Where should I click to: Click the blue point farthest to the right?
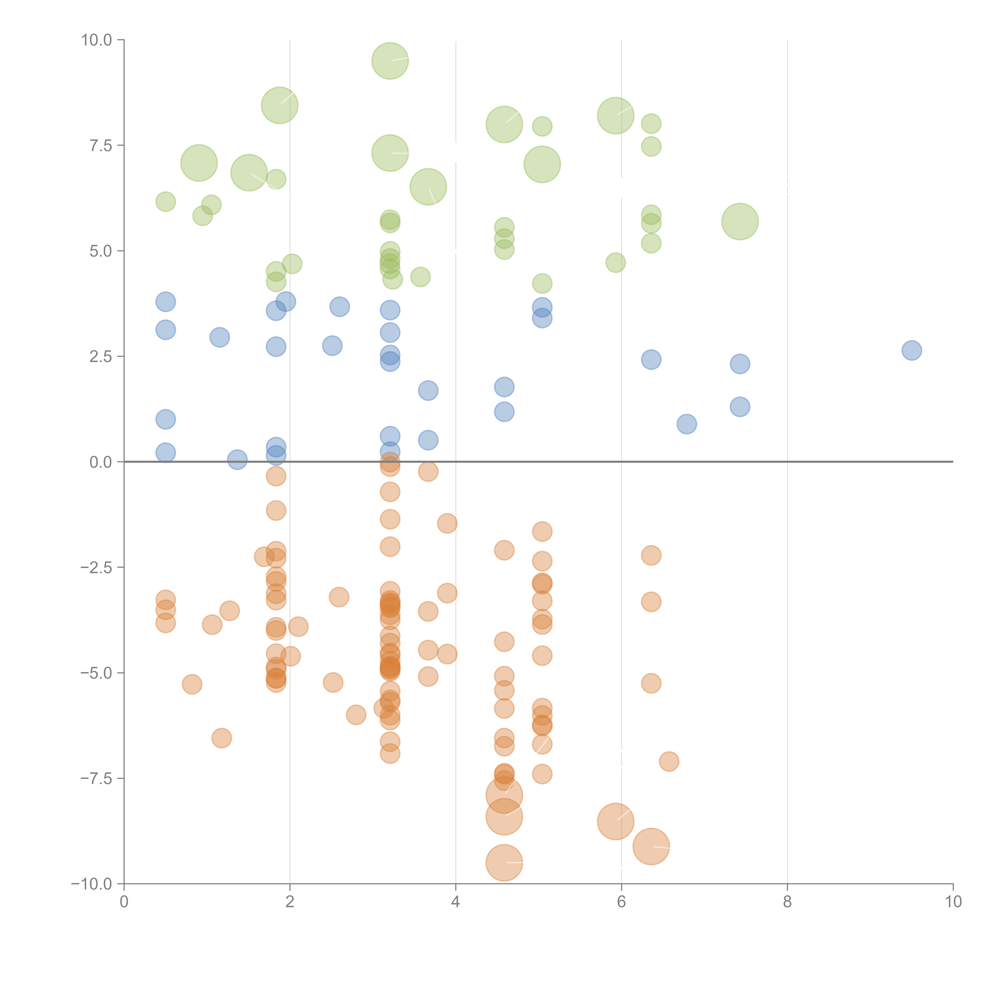tap(911, 351)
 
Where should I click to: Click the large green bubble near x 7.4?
tap(740, 221)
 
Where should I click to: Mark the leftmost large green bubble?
tap(199, 163)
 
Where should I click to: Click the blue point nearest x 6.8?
tap(687, 424)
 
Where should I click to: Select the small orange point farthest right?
tap(669, 761)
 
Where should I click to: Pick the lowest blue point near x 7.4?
tap(740, 407)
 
